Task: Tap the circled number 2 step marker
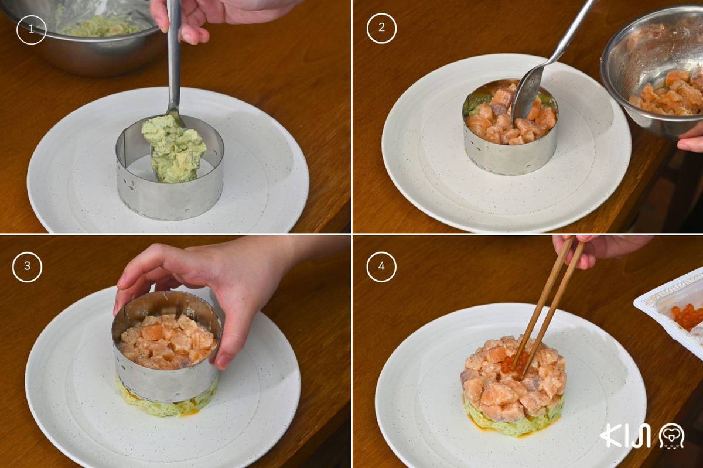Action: [x=381, y=28]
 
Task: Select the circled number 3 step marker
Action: [x=28, y=267]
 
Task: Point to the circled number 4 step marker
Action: [x=381, y=267]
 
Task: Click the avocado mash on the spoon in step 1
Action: [x=173, y=148]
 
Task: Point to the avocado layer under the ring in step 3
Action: [x=166, y=405]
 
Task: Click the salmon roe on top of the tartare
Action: [x=515, y=365]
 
